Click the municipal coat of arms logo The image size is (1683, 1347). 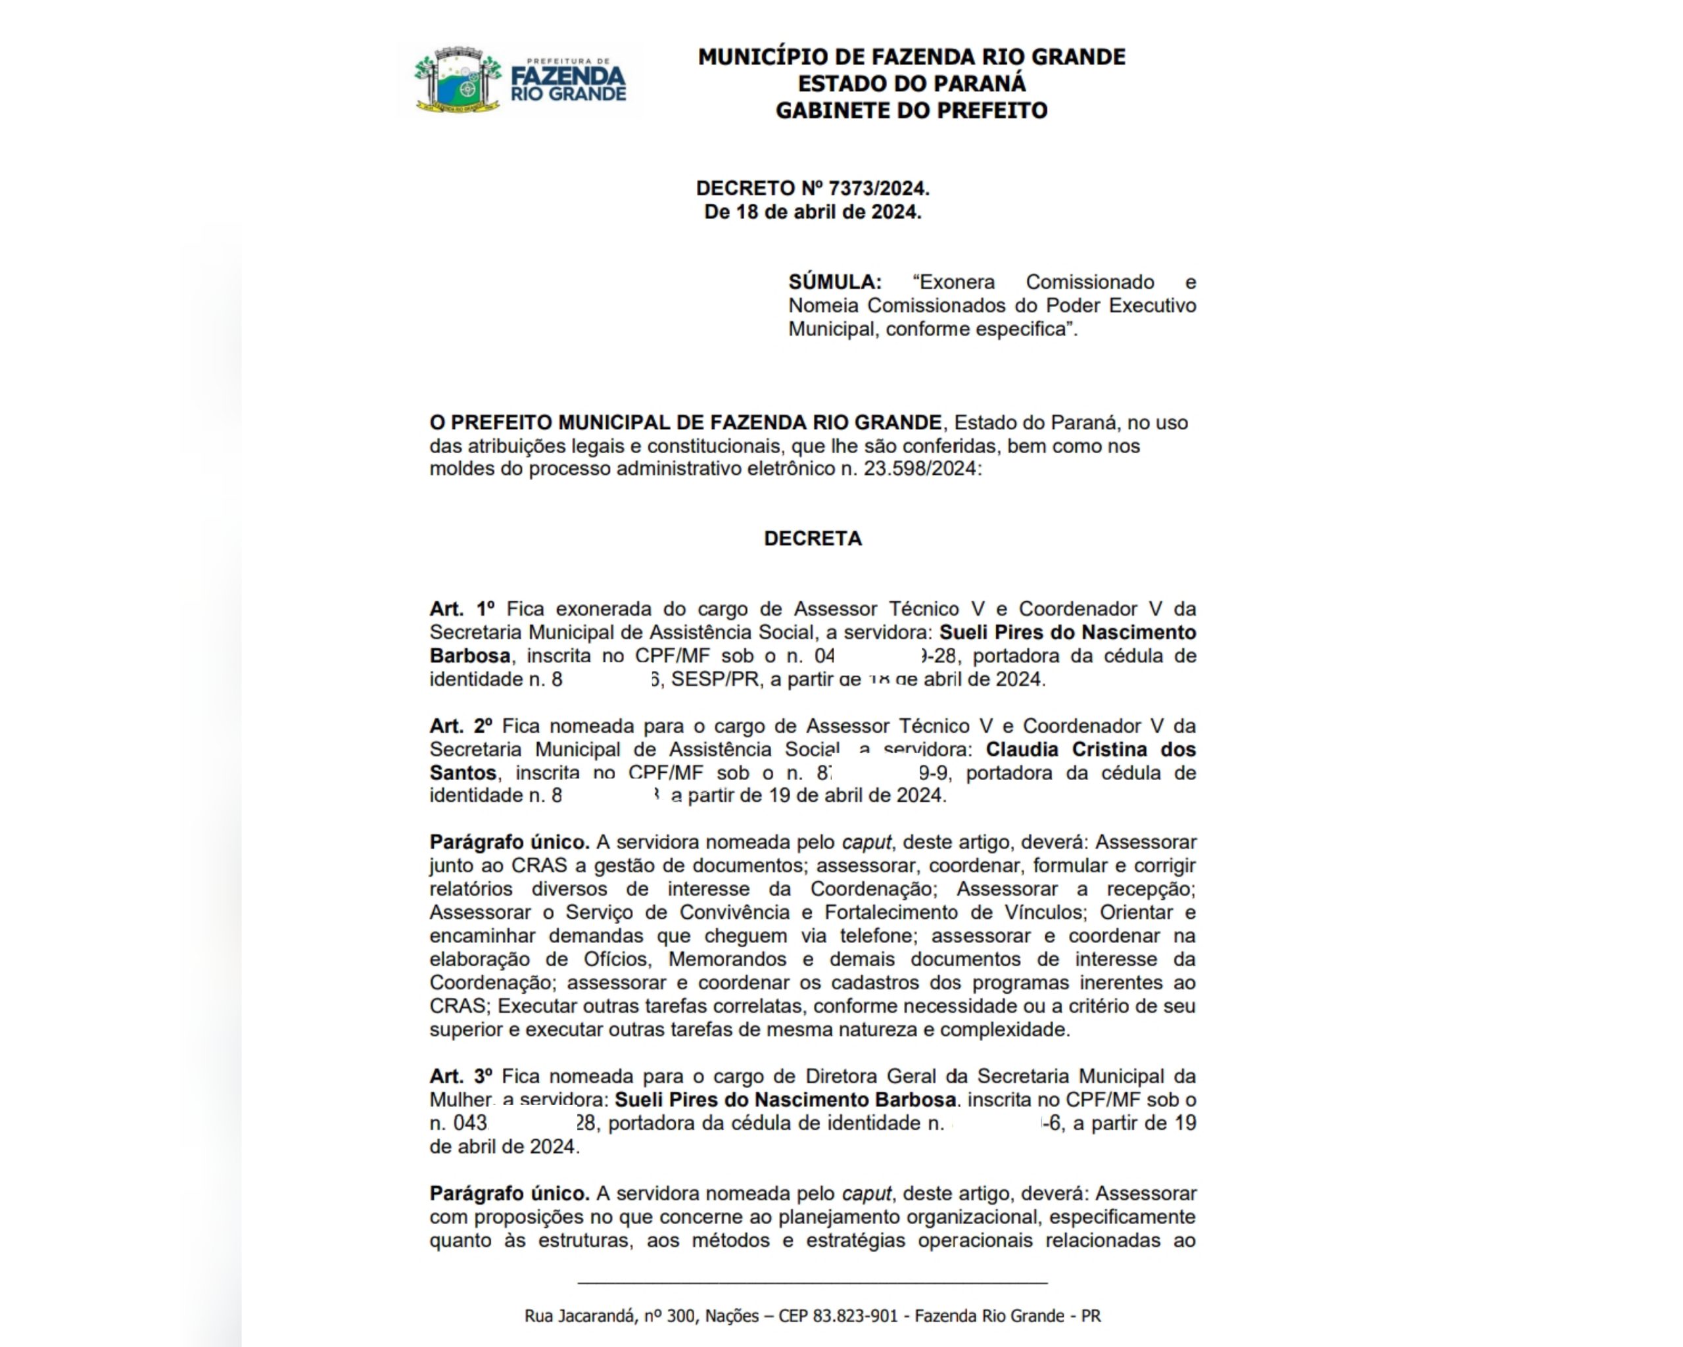click(x=458, y=80)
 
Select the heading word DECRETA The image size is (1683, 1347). click(x=813, y=539)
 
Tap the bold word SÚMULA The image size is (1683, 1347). click(x=834, y=282)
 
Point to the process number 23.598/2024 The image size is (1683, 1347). click(x=920, y=470)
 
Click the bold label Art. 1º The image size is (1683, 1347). click(x=463, y=609)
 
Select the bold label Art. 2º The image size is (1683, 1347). click(x=461, y=726)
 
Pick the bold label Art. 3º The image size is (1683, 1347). click(x=461, y=1077)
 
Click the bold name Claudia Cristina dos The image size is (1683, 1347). click(x=1091, y=750)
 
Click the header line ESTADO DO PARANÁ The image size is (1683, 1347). click(x=911, y=84)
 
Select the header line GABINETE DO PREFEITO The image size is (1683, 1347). click(x=911, y=110)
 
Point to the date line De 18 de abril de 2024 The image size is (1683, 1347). click(x=813, y=212)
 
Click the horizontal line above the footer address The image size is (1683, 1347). click(x=812, y=1283)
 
